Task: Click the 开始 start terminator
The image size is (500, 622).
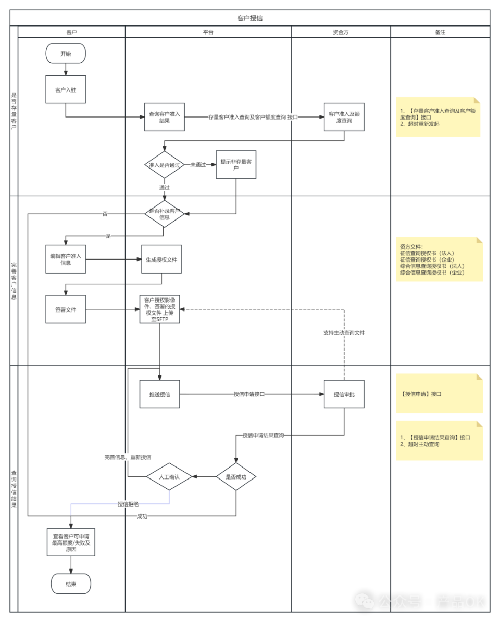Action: pyautogui.click(x=66, y=54)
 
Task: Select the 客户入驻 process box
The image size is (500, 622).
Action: pyautogui.click(x=66, y=89)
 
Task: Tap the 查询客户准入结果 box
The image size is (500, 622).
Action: pyautogui.click(x=165, y=117)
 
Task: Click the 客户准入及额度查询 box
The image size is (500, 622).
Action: pyautogui.click(x=344, y=117)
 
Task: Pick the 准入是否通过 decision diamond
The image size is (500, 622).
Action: pyautogui.click(x=165, y=165)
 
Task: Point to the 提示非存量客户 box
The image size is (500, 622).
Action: pyautogui.click(x=236, y=165)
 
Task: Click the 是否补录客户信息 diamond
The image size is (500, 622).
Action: pyautogui.click(x=165, y=214)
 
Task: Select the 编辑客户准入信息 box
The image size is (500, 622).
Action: pyautogui.click(x=66, y=260)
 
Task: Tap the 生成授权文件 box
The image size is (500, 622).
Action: pyautogui.click(x=161, y=260)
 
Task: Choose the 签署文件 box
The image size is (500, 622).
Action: pyautogui.click(x=66, y=309)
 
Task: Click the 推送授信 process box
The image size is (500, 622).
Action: pyautogui.click(x=160, y=394)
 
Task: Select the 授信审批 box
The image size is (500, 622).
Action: pyautogui.click(x=344, y=394)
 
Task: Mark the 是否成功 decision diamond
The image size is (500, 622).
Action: pyautogui.click(x=236, y=477)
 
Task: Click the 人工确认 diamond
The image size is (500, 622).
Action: pyautogui.click(x=169, y=477)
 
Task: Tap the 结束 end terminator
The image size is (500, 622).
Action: pyautogui.click(x=71, y=584)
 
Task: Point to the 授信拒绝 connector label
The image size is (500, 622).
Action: pyautogui.click(x=128, y=504)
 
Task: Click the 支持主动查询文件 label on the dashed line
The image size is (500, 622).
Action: pyautogui.click(x=344, y=333)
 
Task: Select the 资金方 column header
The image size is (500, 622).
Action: pyautogui.click(x=341, y=32)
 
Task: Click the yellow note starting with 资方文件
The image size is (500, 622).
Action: pyautogui.click(x=439, y=260)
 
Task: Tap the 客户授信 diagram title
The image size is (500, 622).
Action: pyautogui.click(x=250, y=18)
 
